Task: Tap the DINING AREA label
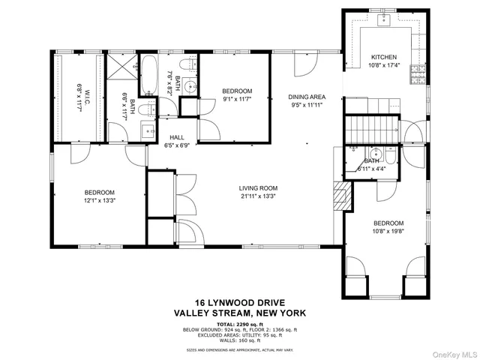(x=307, y=97)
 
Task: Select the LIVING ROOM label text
(x=259, y=188)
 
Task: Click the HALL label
(x=176, y=137)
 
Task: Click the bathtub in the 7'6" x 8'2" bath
(x=150, y=77)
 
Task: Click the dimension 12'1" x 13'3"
(x=98, y=200)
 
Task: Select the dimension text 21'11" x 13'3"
(x=259, y=197)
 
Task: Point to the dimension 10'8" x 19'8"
(x=388, y=232)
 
